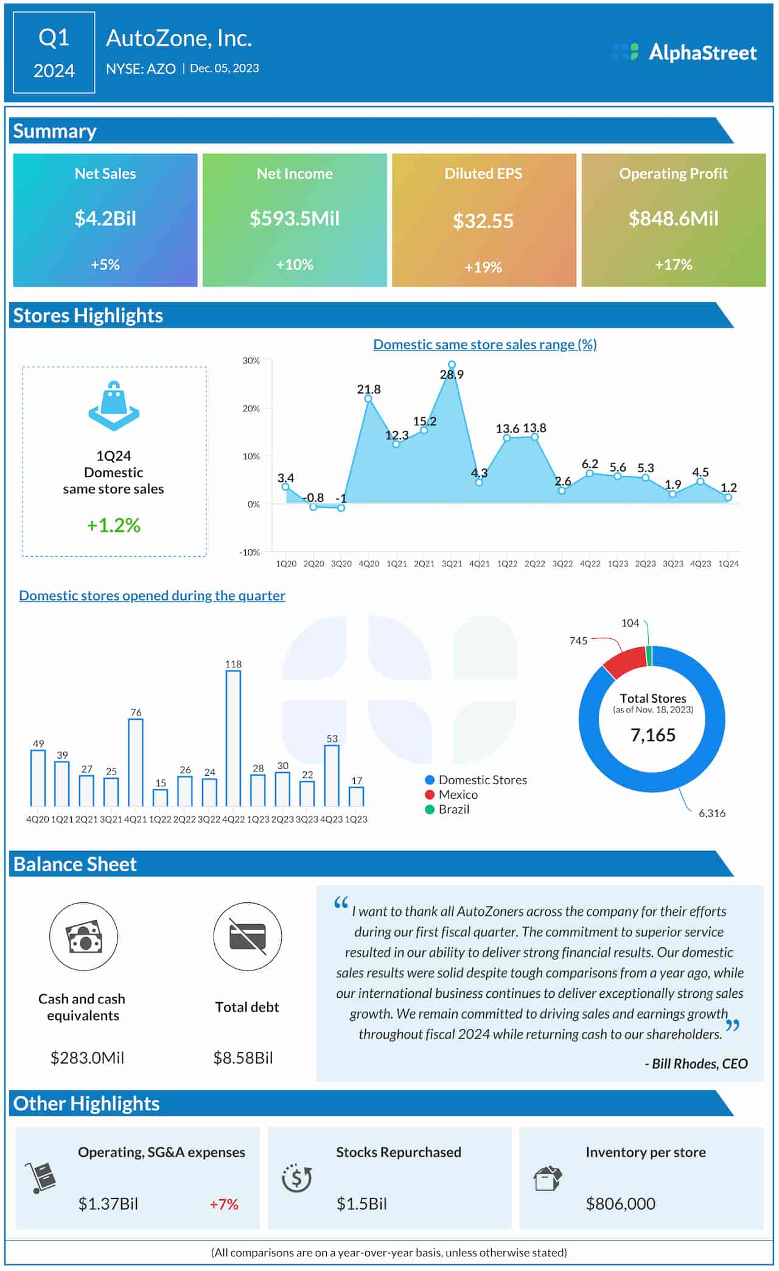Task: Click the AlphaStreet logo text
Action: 702,52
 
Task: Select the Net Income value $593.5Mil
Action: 295,218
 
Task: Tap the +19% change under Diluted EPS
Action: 483,267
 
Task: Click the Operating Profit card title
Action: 673,173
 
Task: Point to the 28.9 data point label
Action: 452,375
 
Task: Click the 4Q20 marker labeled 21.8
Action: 368,399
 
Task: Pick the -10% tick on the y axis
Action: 250,552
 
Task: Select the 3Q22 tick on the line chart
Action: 562,564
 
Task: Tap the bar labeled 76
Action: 136,762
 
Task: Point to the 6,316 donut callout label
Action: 711,813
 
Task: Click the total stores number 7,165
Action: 652,736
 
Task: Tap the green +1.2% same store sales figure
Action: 114,525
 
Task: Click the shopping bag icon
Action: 114,406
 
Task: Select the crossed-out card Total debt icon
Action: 248,936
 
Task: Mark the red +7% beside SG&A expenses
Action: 224,1204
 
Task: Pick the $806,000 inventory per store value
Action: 620,1204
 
